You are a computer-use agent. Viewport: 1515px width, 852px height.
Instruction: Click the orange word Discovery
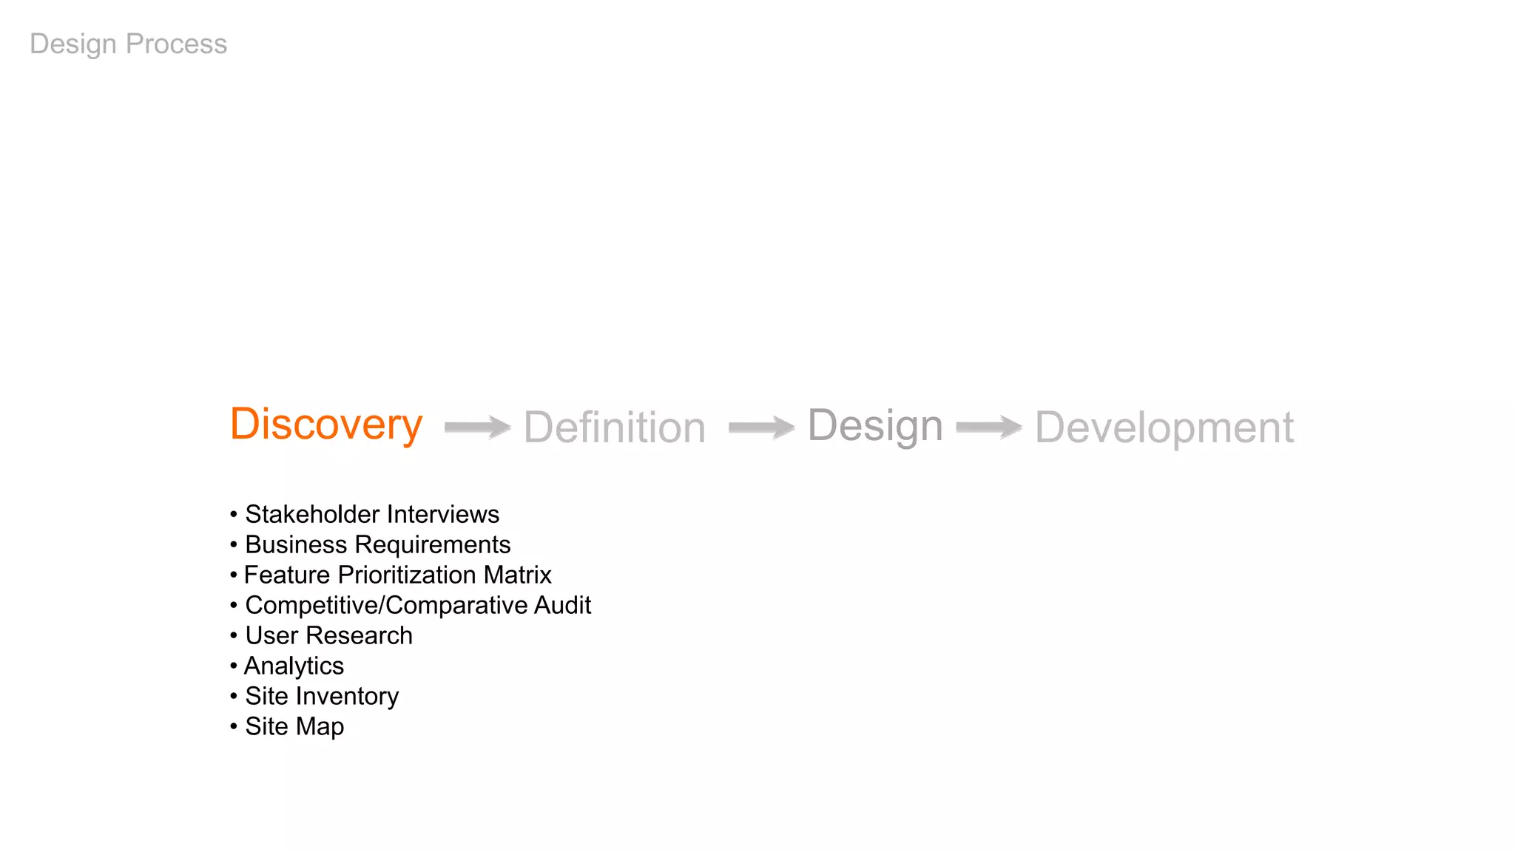[326, 425]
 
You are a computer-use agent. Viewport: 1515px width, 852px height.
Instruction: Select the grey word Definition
[615, 427]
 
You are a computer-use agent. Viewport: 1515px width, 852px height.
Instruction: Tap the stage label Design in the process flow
[875, 426]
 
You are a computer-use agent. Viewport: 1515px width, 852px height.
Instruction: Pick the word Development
[1164, 427]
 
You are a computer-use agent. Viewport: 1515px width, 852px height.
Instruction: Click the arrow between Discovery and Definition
[478, 427]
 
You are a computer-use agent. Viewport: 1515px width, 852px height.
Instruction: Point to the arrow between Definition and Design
[761, 427]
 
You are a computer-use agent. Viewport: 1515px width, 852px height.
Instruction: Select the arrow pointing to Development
[989, 427]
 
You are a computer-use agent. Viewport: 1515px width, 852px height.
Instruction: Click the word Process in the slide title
[176, 44]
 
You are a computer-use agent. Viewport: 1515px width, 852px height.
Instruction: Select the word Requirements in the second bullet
[433, 545]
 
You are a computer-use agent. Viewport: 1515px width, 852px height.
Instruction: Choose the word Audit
[562, 606]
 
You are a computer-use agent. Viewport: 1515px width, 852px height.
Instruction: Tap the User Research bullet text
[328, 636]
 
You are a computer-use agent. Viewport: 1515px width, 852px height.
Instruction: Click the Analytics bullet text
[294, 666]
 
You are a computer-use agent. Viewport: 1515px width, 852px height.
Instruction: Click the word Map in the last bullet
[320, 727]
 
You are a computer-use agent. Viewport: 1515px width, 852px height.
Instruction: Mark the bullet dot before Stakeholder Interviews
[234, 514]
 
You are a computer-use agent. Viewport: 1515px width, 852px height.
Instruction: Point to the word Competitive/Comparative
[386, 606]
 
